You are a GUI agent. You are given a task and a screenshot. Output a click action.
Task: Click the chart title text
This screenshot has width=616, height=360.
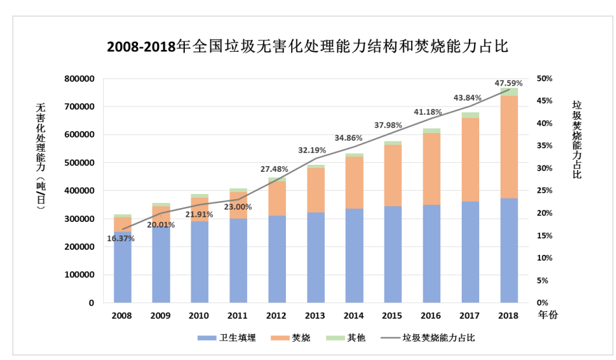(x=307, y=48)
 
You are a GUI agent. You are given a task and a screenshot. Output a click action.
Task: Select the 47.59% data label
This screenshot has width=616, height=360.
(x=508, y=83)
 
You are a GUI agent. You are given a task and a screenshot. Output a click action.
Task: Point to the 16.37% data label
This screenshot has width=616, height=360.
(x=121, y=239)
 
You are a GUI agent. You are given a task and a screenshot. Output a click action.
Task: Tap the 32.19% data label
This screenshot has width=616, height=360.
(x=312, y=150)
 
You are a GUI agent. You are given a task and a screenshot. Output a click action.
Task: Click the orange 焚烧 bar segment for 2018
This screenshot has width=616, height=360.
(x=509, y=147)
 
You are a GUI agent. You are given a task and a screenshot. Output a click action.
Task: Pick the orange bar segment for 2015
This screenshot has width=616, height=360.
(x=393, y=175)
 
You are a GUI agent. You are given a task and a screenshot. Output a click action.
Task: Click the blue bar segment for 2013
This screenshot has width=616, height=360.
(x=316, y=257)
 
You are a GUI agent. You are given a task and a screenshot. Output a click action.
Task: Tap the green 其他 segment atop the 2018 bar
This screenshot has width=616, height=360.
(x=509, y=92)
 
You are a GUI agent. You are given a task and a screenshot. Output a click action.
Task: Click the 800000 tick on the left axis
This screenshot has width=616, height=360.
(x=80, y=78)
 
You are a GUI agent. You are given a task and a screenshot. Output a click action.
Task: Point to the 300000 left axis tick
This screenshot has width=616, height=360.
(x=80, y=219)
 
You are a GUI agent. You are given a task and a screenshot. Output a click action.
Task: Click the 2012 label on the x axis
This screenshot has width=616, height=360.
(x=277, y=316)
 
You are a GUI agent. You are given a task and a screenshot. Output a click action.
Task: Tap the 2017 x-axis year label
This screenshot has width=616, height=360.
(x=470, y=316)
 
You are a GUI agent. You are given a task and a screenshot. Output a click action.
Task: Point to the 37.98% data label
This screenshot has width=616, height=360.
(x=388, y=125)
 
